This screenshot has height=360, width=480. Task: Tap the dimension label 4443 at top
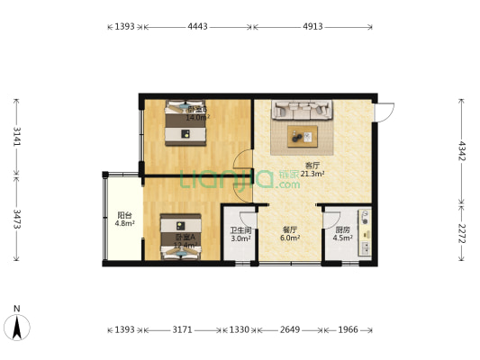point(197,27)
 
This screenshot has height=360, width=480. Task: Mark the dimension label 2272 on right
point(462,235)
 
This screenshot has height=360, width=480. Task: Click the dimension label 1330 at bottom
point(239,329)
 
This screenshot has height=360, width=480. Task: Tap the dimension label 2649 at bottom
point(287,329)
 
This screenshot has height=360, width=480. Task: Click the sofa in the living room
point(304,110)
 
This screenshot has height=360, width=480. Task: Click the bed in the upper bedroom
point(186,123)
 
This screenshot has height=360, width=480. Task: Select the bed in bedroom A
point(183,239)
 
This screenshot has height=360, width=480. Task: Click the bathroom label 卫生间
point(240,230)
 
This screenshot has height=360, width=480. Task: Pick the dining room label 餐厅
point(289,230)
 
